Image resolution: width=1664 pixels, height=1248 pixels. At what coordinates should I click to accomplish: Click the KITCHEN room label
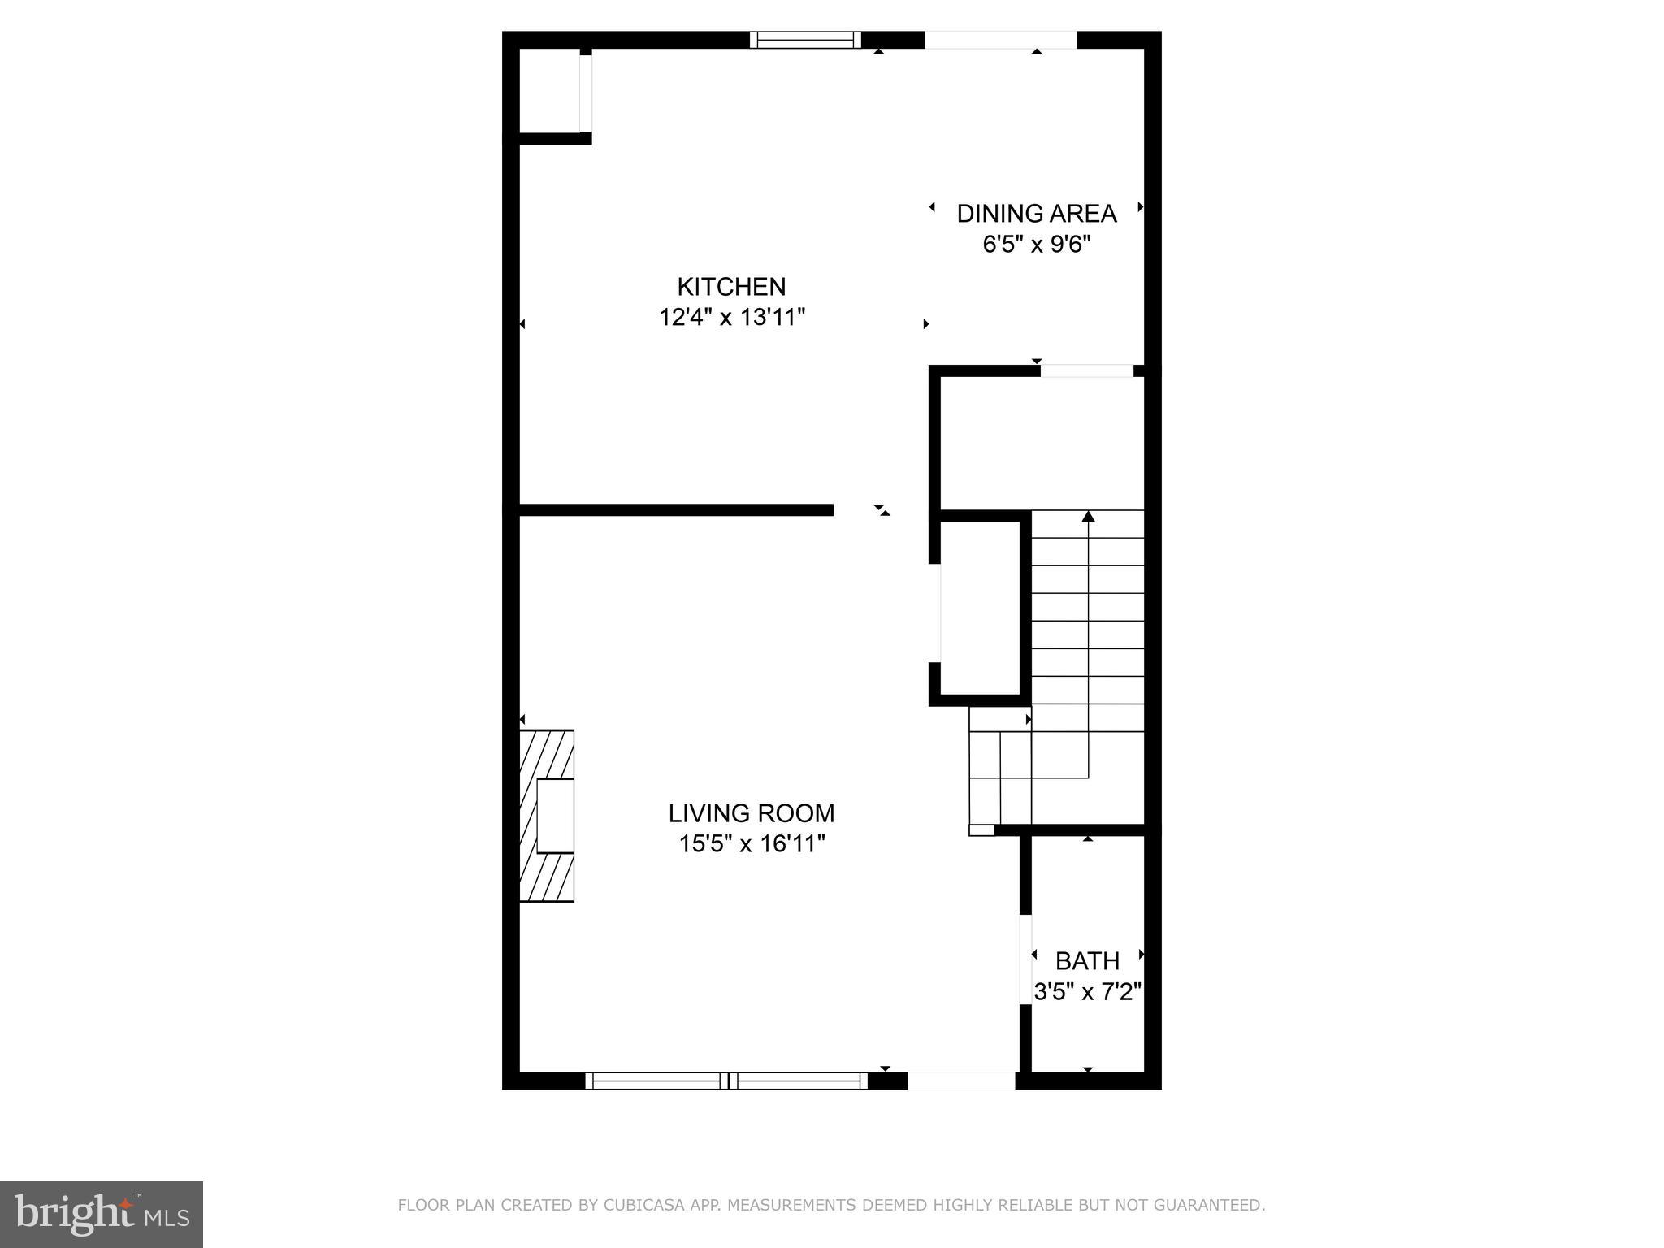pos(731,287)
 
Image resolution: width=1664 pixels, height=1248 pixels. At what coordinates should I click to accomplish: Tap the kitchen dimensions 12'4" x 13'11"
pos(731,317)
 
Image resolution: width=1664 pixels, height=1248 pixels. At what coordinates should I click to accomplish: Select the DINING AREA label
pos(1036,214)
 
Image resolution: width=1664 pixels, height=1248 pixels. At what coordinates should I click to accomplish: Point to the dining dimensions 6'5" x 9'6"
pos(1036,244)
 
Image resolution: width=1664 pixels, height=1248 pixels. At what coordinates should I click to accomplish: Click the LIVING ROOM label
pos(752,813)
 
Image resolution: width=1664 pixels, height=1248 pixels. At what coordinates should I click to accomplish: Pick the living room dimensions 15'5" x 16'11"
pos(752,844)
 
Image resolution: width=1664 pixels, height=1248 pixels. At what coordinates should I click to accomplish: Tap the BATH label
pos(1087,961)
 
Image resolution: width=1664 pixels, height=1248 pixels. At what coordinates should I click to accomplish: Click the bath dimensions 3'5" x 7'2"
pos(1087,992)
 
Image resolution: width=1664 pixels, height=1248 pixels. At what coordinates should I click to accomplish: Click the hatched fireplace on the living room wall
pos(547,816)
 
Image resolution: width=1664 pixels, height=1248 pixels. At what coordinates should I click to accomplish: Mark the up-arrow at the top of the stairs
pos(1088,517)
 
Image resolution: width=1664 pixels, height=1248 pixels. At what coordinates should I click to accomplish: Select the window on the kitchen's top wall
pos(804,40)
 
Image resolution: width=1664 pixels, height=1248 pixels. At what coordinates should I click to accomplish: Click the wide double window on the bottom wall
pos(726,1081)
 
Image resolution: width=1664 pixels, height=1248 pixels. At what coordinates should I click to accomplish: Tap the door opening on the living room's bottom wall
pos(961,1081)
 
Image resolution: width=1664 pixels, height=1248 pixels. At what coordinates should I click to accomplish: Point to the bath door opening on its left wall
pos(1025,960)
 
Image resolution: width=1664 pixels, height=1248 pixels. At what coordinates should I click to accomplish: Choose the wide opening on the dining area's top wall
pos(1000,40)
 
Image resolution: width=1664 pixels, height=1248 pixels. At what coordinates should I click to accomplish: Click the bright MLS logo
pos(102,1215)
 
